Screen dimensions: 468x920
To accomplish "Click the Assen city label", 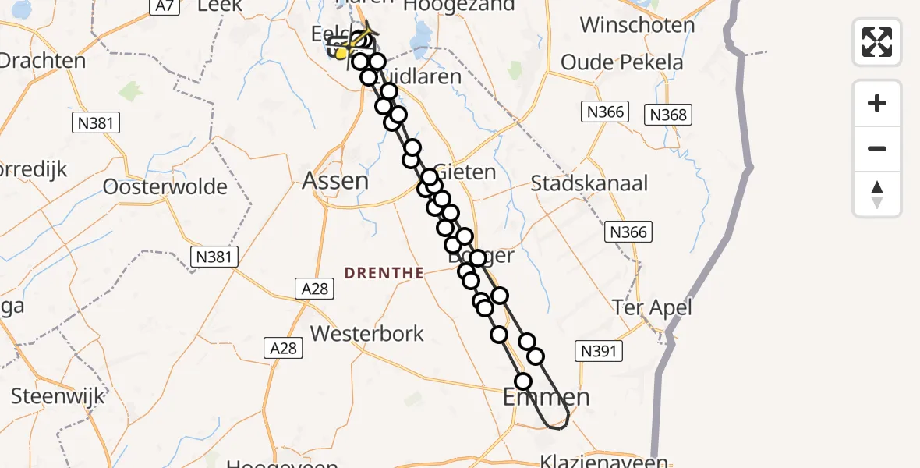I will pos(335,181).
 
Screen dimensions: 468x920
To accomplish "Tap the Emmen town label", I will pos(547,397).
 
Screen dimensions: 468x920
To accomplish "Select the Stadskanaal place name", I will pos(589,184).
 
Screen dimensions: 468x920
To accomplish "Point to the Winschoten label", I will pos(637,25).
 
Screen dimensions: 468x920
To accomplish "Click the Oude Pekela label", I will pos(622,62).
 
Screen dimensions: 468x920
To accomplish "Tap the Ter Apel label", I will pos(652,307).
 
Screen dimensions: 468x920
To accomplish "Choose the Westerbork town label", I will pos(367,334).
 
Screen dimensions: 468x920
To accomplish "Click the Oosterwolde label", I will pos(165,187).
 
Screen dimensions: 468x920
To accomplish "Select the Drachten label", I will pos(43,61).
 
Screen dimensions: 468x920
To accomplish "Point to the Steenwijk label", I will pos(58,396).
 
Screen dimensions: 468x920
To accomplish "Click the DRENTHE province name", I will pos(385,273).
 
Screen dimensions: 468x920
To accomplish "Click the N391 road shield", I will pos(599,352).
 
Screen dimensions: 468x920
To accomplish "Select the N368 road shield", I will pos(668,115).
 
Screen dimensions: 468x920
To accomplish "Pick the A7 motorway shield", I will pos(162,6).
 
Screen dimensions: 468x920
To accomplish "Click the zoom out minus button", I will pos(877,148).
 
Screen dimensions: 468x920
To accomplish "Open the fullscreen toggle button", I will pos(877,41).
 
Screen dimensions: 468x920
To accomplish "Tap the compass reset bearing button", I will pos(877,193).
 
